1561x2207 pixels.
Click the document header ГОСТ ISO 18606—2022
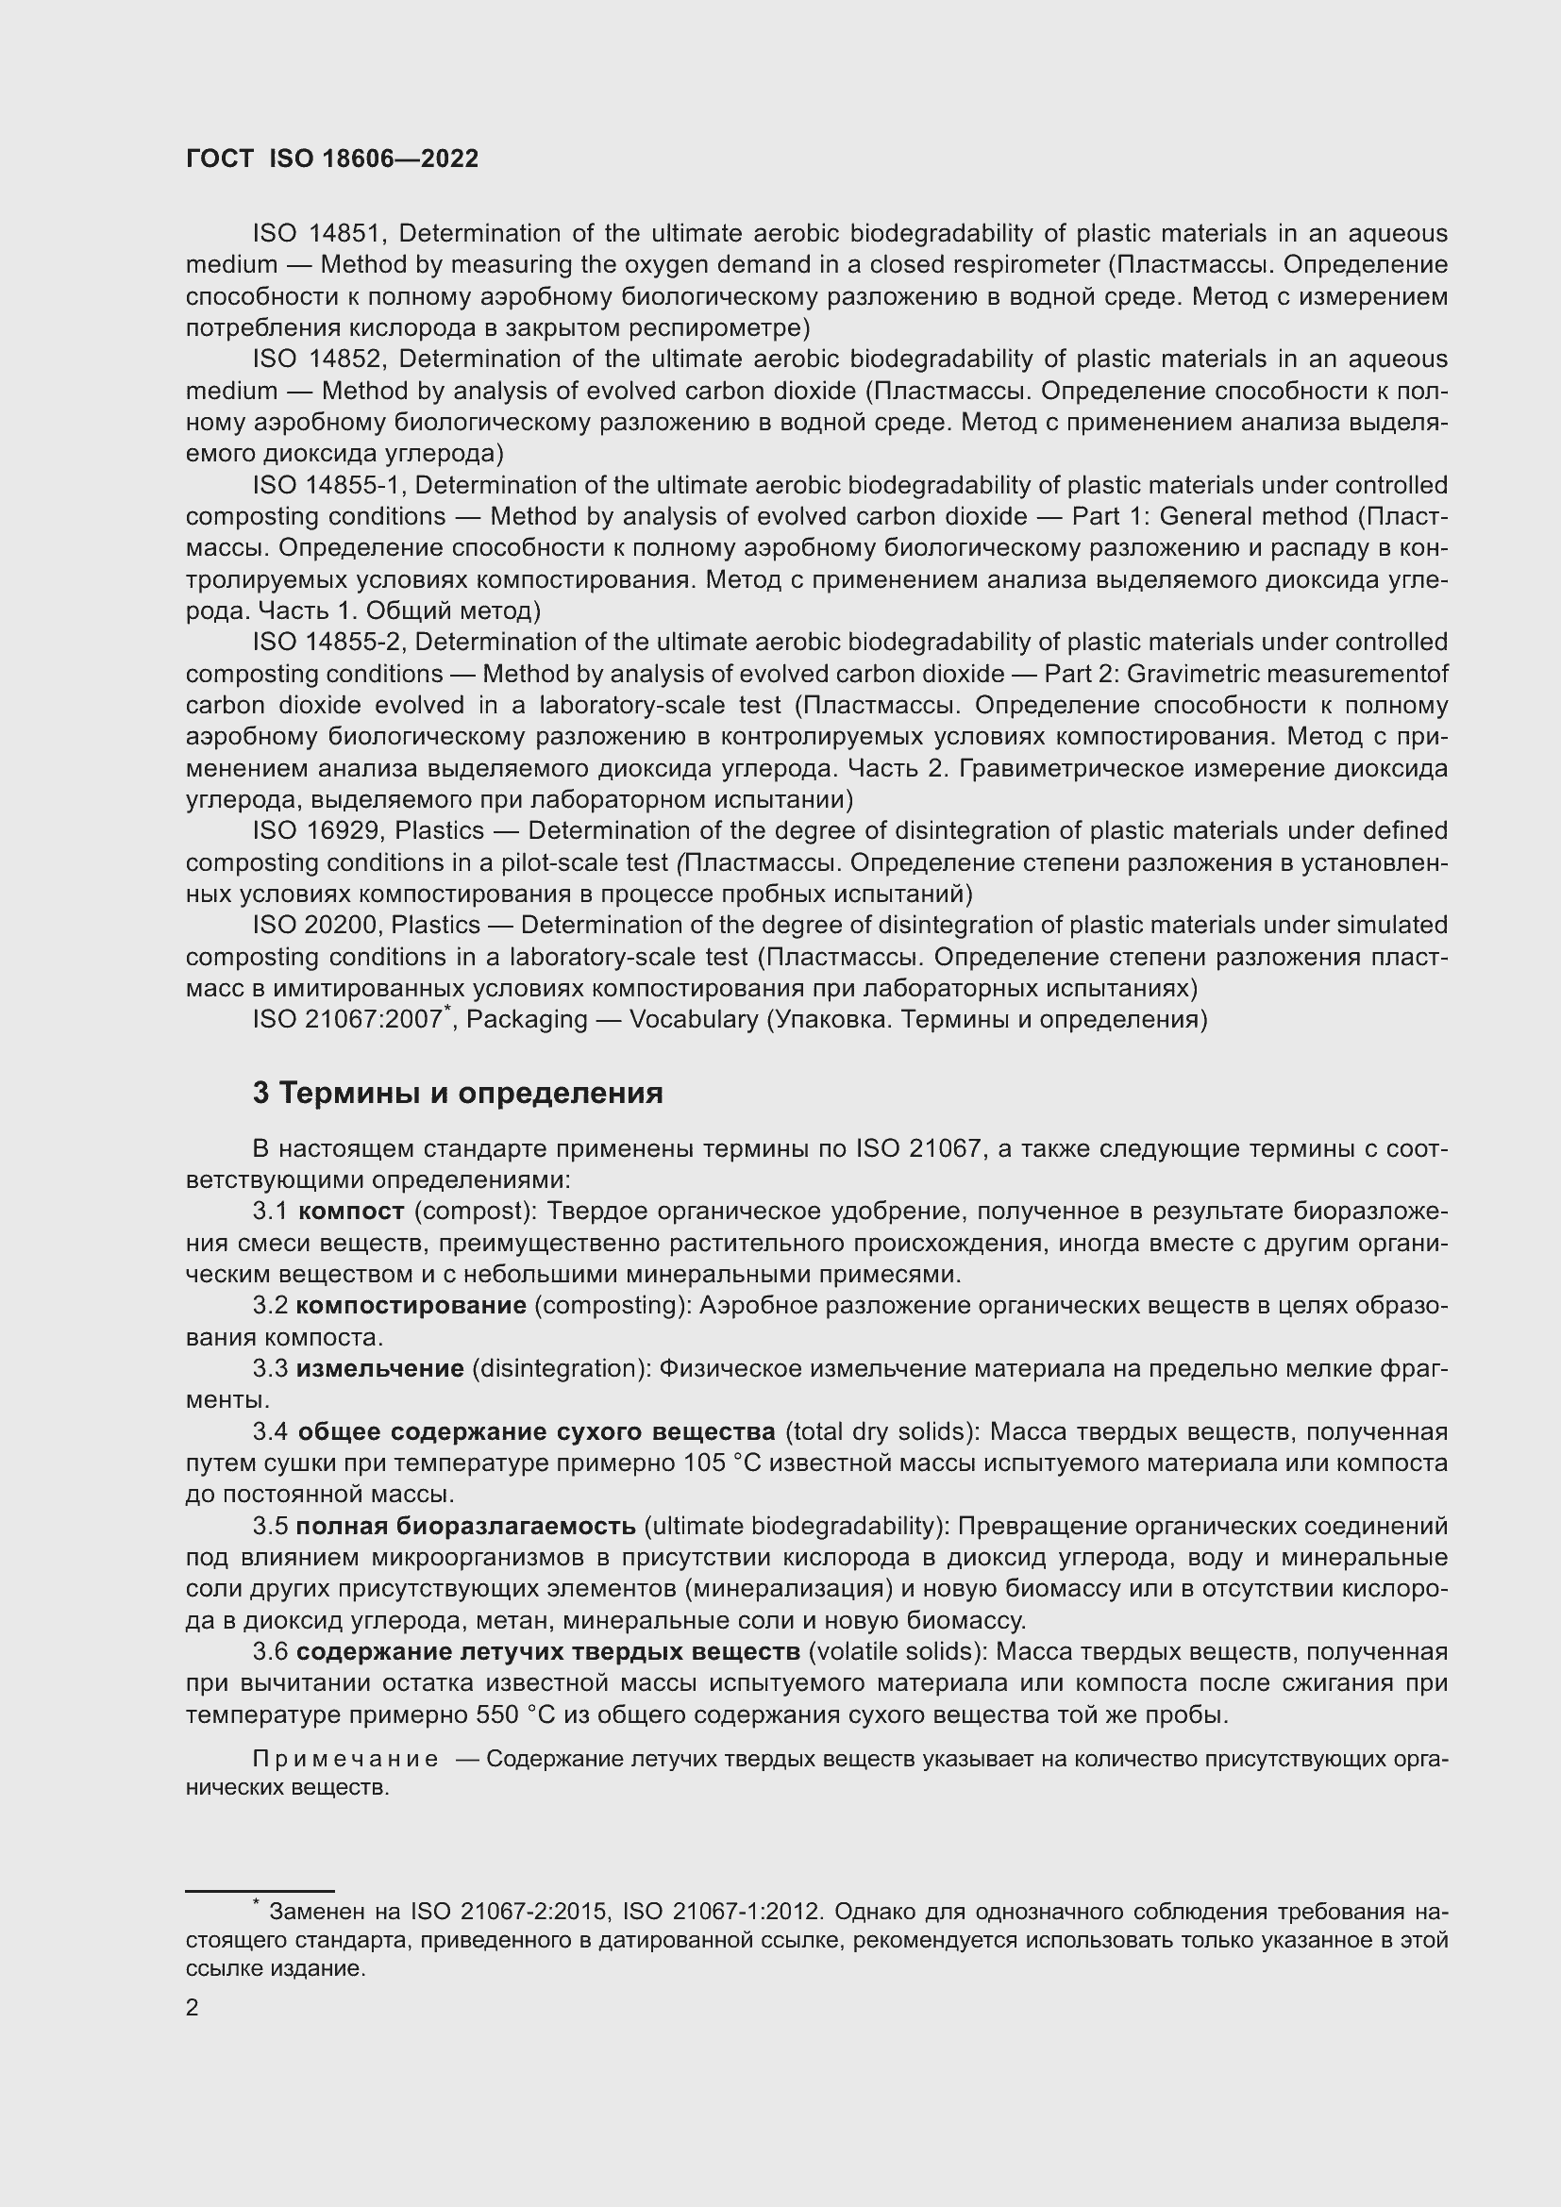(x=331, y=159)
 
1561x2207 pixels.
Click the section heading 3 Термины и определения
(x=458, y=1093)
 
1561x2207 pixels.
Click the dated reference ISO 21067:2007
(x=347, y=1020)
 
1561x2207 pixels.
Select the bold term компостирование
(x=411, y=1305)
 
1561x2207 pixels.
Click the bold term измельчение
(x=379, y=1369)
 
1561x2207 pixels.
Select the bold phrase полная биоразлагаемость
(x=465, y=1527)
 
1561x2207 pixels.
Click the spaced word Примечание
(x=345, y=1759)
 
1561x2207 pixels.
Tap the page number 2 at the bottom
(x=193, y=2007)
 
